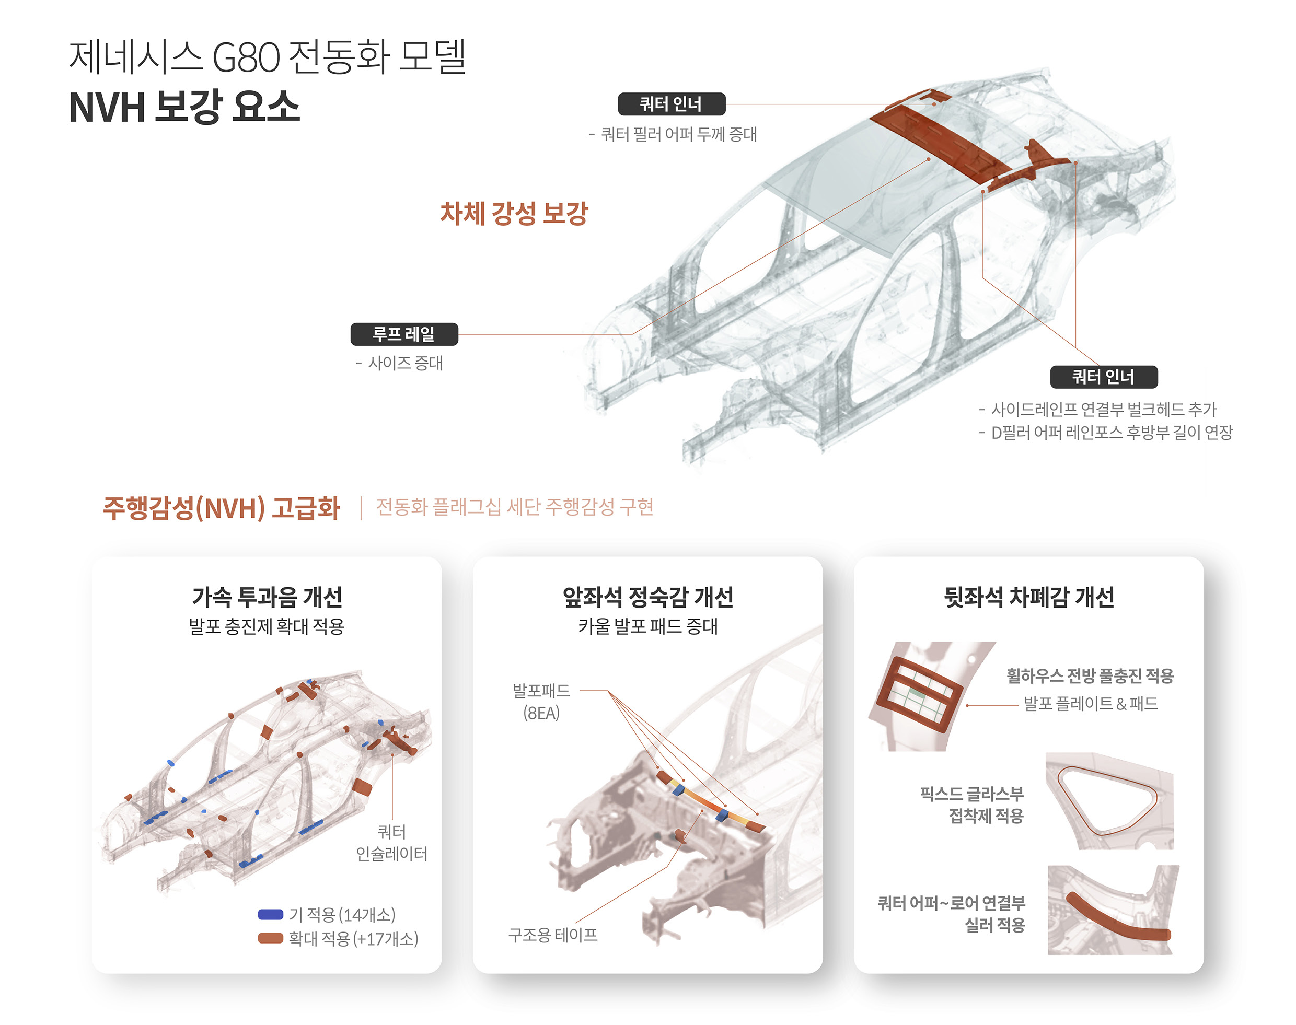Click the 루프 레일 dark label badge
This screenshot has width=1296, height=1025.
coord(403,334)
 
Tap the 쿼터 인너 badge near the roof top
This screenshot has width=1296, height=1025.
coord(671,104)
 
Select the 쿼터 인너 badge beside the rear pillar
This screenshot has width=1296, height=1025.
coord(1103,377)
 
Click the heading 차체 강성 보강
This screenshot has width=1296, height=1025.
coord(514,214)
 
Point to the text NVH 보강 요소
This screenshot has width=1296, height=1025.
coord(184,108)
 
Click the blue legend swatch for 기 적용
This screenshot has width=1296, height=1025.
coord(270,915)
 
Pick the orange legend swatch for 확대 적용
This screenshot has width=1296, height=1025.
coord(270,938)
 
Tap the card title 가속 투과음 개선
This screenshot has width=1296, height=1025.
coord(267,597)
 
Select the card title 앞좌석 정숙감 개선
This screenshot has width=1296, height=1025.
coord(647,597)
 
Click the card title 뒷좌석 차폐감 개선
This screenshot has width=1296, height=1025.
coord(1028,597)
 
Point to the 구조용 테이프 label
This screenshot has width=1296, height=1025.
coord(552,935)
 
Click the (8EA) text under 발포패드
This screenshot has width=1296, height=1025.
coord(541,713)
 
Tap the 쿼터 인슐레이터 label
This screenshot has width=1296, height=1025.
coord(391,843)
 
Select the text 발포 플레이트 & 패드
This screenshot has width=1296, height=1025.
coord(1090,703)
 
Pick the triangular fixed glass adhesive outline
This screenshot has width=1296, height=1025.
coord(1106,800)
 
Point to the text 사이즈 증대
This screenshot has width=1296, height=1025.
coord(405,363)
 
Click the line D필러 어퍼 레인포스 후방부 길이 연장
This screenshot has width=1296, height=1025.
coord(1110,432)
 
